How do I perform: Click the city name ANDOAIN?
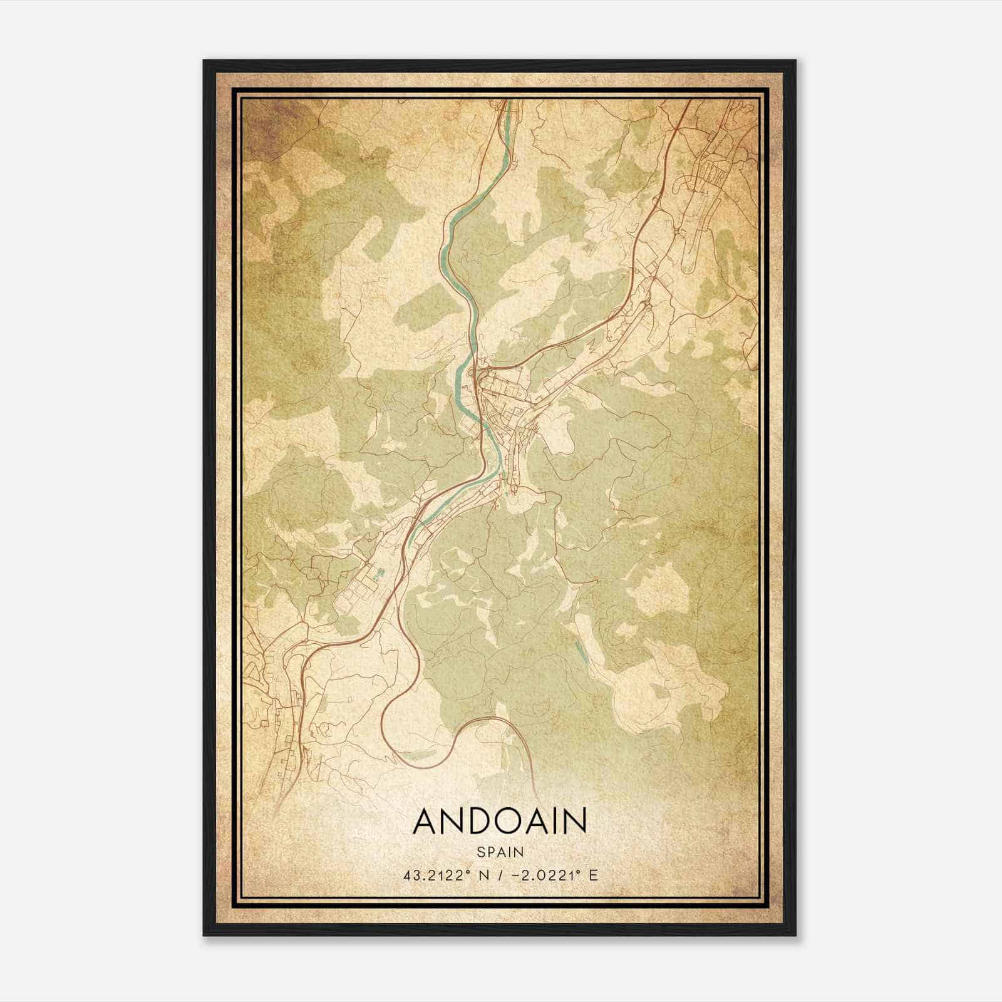click(500, 821)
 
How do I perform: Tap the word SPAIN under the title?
click(500, 852)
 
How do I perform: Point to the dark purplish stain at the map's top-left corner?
click(263, 125)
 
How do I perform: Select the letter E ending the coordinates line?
click(593, 875)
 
